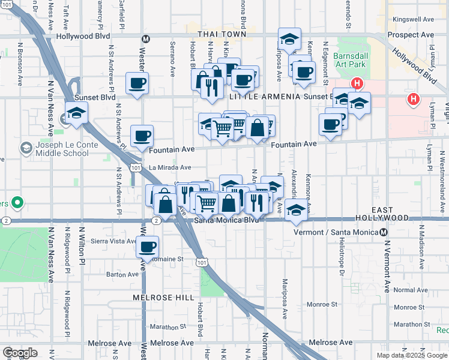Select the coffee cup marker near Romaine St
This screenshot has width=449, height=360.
tap(146, 245)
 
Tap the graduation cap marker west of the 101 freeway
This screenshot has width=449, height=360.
tap(76, 112)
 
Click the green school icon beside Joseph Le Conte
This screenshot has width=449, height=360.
tap(26, 148)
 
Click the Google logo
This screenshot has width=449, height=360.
tap(20, 353)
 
